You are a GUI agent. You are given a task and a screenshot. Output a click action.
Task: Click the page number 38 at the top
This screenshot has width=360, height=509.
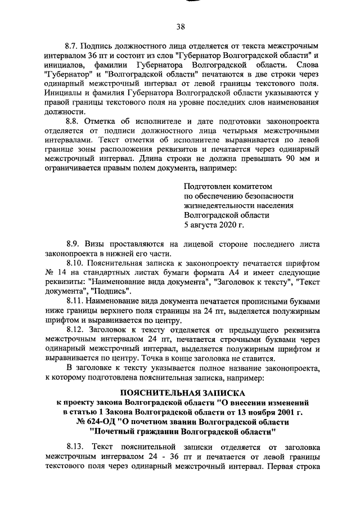click(181, 26)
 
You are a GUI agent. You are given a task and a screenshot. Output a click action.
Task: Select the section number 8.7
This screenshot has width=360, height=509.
click(73, 44)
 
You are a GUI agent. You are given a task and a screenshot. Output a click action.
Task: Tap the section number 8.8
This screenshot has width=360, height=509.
click(73, 121)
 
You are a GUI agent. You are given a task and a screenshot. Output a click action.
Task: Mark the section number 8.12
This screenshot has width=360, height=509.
click(75, 330)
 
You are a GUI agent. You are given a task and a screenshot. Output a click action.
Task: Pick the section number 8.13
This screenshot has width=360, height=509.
click(75, 447)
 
